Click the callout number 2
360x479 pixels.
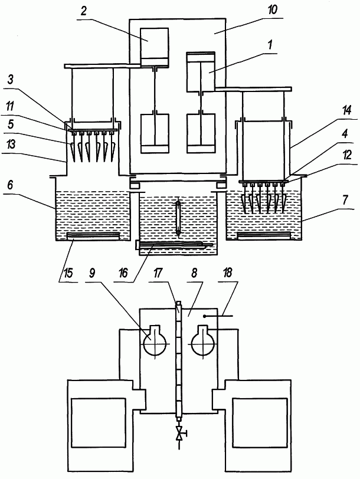[83, 11]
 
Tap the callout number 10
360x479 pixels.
[272, 10]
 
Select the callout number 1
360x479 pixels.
[269, 45]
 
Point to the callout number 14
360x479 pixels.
[346, 110]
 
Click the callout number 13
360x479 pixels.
[11, 144]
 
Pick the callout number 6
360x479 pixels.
[11, 185]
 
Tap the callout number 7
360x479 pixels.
[345, 200]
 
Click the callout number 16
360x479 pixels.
[123, 273]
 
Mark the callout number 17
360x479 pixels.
[158, 273]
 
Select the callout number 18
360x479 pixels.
[228, 273]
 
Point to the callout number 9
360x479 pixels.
[92, 273]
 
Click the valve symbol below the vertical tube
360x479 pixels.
[179, 433]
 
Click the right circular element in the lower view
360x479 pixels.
[203, 340]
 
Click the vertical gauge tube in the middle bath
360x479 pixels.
[178, 218]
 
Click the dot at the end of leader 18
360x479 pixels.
[204, 316]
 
